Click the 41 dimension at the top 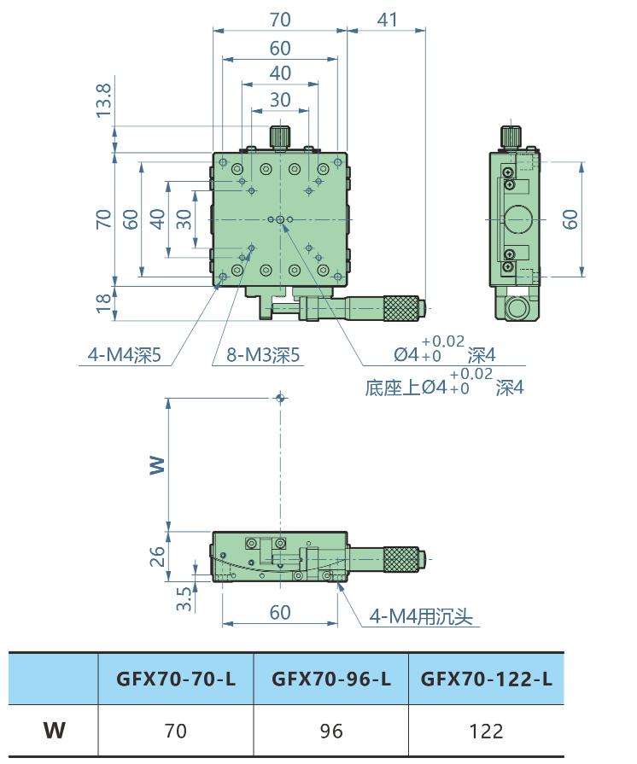387,20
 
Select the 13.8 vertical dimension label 104,101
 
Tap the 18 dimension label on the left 104,300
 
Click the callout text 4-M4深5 124,355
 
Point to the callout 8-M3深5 260,355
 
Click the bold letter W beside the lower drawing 157,464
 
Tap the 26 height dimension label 158,557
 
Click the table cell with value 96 331,731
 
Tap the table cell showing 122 487,731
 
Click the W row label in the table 55,731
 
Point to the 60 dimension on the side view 571,219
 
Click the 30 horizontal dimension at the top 280,100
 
